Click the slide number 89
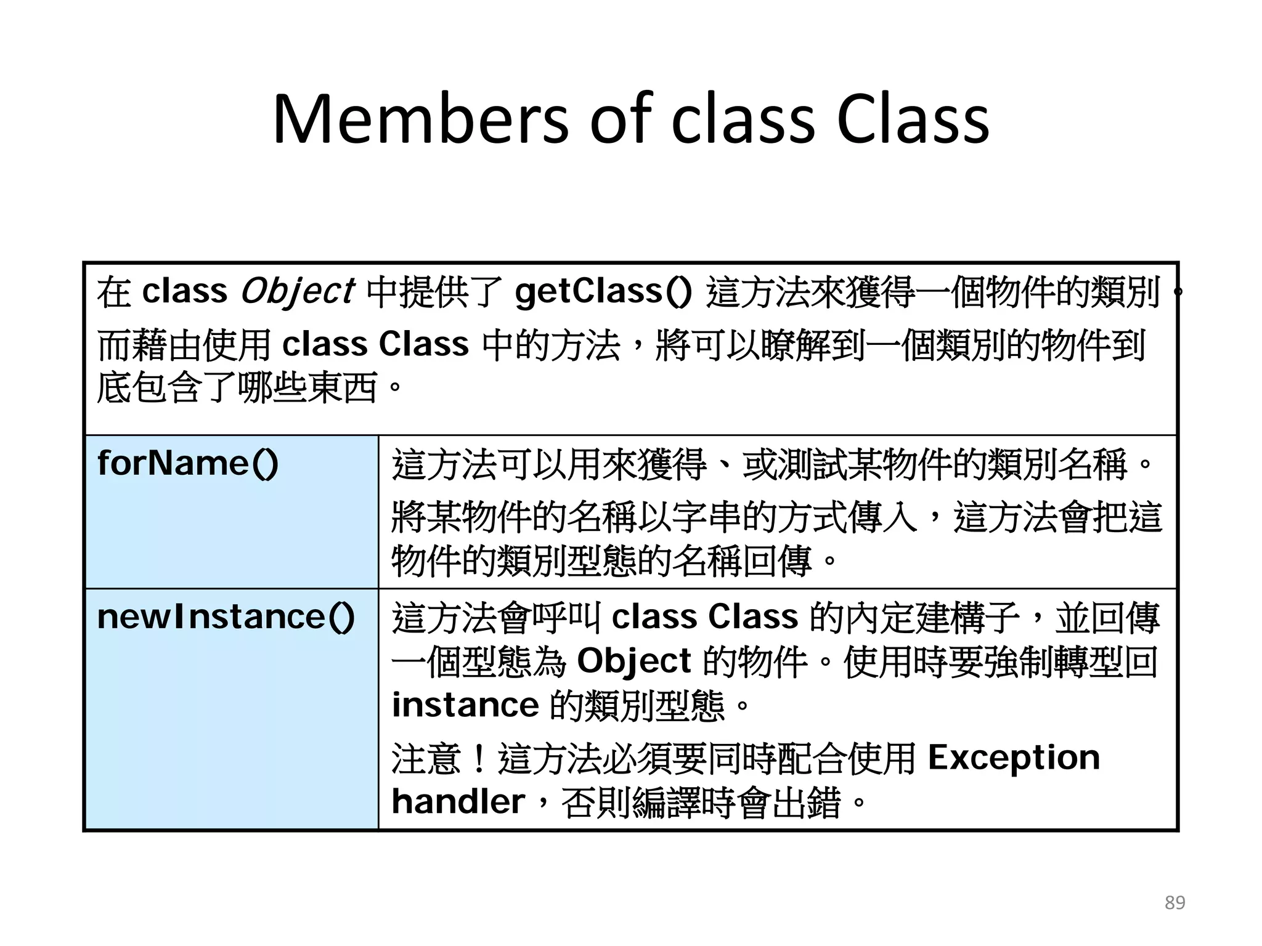click(x=1174, y=902)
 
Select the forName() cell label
click(x=188, y=463)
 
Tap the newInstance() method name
click(x=226, y=617)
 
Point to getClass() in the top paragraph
click(x=603, y=291)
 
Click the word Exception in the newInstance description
click(x=1014, y=757)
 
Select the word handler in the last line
click(x=458, y=801)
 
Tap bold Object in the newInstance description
click(x=633, y=661)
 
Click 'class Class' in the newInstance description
click(x=704, y=617)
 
